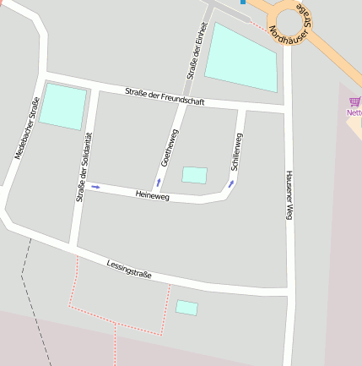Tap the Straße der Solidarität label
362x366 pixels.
pyautogui.click(x=83, y=168)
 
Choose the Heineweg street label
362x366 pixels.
pyautogui.click(x=152, y=195)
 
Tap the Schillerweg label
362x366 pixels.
pyautogui.click(x=237, y=151)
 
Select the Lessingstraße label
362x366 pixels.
pyautogui.click(x=129, y=269)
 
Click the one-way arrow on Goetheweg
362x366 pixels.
pyautogui.click(x=158, y=182)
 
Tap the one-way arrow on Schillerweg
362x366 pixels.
pyautogui.click(x=230, y=183)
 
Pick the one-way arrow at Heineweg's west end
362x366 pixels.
pyautogui.click(x=95, y=186)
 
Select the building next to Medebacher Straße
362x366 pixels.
pyautogui.click(x=63, y=107)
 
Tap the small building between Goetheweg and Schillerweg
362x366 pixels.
pyautogui.click(x=195, y=175)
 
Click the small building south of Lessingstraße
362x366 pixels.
pyautogui.click(x=186, y=308)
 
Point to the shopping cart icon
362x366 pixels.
pyautogui.click(x=354, y=103)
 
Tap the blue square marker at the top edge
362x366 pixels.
pyautogui.click(x=243, y=2)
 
